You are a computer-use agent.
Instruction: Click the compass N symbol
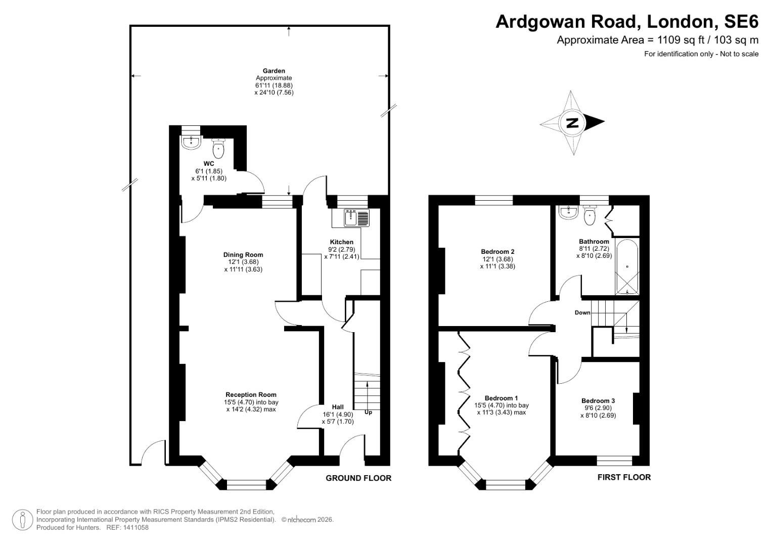click(572, 123)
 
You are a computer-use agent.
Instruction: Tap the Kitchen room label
click(341, 242)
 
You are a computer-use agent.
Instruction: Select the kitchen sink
click(351, 218)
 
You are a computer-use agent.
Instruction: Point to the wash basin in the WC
click(191, 141)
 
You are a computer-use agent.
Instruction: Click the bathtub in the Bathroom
click(627, 266)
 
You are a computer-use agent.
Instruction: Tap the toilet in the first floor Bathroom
click(589, 216)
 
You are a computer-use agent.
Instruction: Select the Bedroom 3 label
click(598, 401)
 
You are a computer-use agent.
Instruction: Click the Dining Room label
click(243, 255)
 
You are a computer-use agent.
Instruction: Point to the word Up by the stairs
click(368, 413)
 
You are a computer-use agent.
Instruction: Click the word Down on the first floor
click(582, 313)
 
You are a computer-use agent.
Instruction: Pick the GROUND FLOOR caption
click(358, 478)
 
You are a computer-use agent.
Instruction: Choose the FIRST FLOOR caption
click(624, 477)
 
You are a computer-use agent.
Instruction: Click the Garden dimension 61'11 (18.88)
click(274, 85)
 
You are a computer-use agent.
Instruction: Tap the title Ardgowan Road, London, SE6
click(626, 22)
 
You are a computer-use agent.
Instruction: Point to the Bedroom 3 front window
click(614, 461)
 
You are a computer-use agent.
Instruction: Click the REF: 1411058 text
click(127, 527)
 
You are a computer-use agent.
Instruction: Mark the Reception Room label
click(251, 395)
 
